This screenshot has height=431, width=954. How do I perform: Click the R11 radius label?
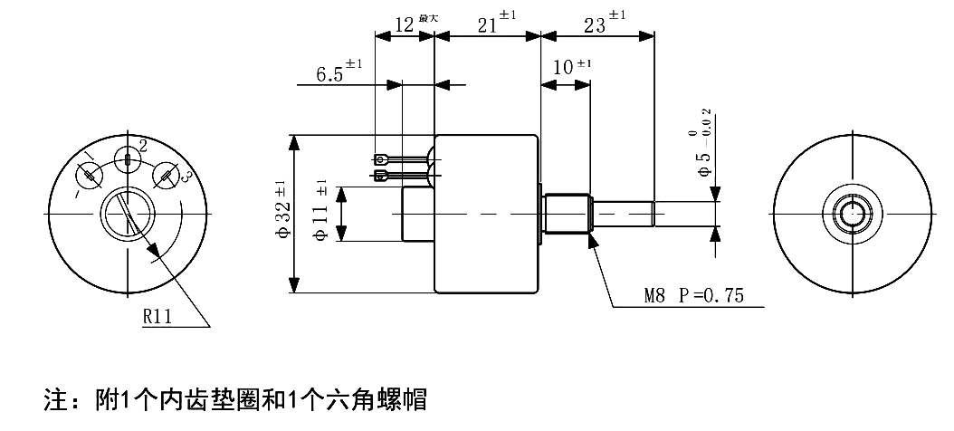[157, 316]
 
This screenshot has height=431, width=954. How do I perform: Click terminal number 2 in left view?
[143, 146]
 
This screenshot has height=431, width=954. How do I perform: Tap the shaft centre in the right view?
[854, 215]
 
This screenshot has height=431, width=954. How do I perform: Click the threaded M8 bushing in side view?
[568, 214]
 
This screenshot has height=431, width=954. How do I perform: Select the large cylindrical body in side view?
[487, 214]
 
